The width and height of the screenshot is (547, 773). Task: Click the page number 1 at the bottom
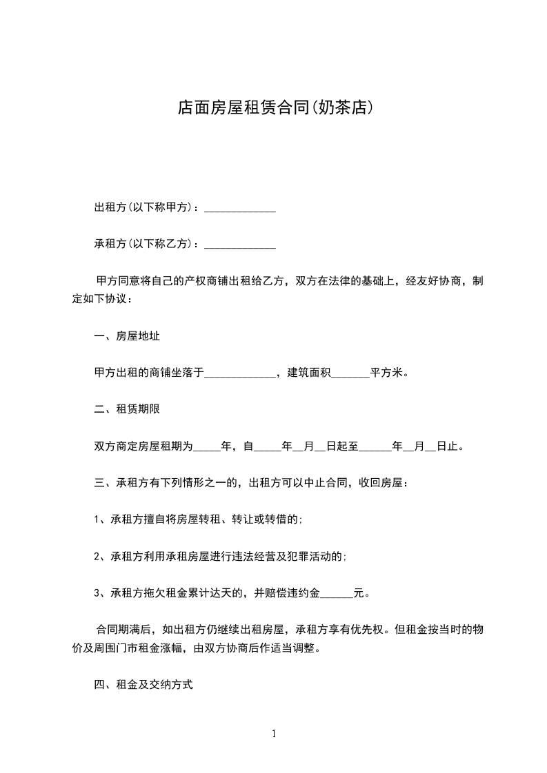tap(274, 734)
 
